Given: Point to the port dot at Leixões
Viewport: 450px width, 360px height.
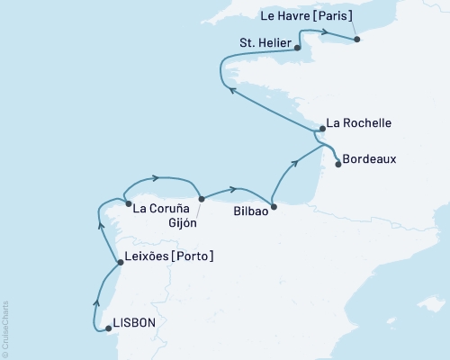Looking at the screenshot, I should (x=120, y=263).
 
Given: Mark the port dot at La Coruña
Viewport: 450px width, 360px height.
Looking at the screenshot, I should (x=129, y=202).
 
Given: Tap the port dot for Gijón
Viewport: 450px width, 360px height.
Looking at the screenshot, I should (x=201, y=199).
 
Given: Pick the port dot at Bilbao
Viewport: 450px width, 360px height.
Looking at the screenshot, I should (x=274, y=206).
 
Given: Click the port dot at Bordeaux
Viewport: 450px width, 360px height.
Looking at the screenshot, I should (x=337, y=164).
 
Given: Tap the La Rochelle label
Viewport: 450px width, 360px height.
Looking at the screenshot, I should (x=359, y=122).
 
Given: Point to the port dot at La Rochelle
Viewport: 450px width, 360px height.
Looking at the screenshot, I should (x=319, y=130).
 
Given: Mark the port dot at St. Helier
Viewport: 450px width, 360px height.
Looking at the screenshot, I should (x=298, y=49).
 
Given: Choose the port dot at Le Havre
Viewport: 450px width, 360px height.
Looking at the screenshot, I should (x=356, y=39).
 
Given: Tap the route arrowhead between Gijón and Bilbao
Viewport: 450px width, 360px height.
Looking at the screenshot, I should (x=235, y=189).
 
